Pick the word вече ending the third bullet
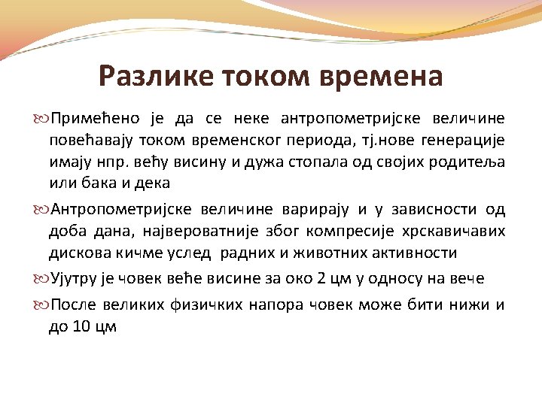466,279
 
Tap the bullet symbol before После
41,305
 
